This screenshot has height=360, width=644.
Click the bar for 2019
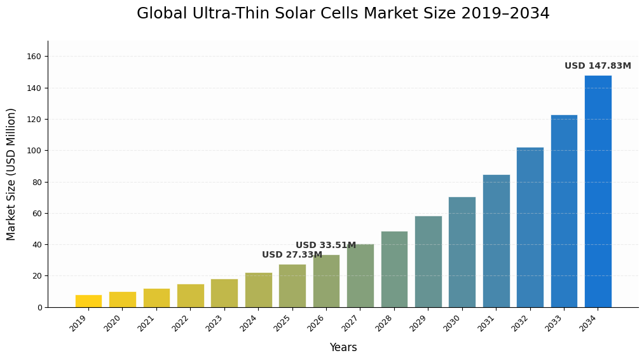(x=88, y=301)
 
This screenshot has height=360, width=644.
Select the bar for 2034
(x=598, y=191)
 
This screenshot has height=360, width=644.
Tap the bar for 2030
(x=462, y=252)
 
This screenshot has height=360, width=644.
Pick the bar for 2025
(x=292, y=286)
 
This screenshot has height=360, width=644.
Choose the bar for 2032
(x=530, y=227)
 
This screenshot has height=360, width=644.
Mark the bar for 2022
(x=190, y=296)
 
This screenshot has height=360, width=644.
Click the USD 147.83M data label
(x=598, y=66)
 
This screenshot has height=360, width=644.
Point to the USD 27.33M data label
(x=292, y=255)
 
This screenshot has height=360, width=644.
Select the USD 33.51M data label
(x=325, y=246)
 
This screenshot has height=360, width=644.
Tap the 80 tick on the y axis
(x=37, y=182)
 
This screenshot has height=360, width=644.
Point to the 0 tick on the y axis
(x=39, y=307)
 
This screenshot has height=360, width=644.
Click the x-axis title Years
(x=343, y=348)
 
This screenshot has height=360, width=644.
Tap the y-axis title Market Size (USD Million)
(x=11, y=174)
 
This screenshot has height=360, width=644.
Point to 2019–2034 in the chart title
(x=505, y=14)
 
